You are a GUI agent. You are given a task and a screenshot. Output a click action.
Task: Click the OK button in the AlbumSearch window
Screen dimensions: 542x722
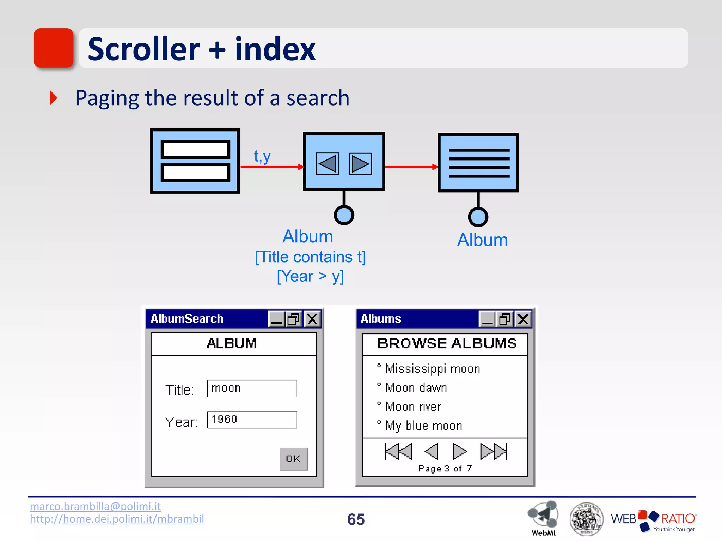click(x=294, y=459)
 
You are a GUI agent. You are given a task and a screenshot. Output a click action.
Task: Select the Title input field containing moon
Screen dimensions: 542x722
click(x=252, y=388)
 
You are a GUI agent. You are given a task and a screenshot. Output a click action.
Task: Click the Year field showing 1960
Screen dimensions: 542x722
click(x=252, y=420)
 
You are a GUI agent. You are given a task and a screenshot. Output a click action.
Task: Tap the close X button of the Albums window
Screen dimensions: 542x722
click(x=523, y=319)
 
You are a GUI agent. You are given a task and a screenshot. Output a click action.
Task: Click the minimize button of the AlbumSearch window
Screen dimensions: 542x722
click(x=277, y=319)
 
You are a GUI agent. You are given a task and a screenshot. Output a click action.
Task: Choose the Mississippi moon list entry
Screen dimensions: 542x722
click(x=432, y=369)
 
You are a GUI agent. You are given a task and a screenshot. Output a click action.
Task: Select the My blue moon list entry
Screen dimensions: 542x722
click(x=423, y=426)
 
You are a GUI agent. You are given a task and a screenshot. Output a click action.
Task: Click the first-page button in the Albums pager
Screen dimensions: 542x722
click(x=399, y=452)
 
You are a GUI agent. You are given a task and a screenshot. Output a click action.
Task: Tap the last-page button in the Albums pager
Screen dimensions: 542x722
click(x=494, y=452)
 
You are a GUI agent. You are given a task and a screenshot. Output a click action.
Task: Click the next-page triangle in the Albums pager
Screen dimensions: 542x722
click(x=459, y=452)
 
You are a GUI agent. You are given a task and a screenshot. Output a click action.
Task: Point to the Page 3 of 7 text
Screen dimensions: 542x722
click(x=445, y=469)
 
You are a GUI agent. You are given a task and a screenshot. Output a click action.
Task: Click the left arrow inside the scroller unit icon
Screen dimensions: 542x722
click(x=327, y=164)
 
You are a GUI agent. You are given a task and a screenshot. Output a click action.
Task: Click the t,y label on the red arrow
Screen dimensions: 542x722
click(x=262, y=156)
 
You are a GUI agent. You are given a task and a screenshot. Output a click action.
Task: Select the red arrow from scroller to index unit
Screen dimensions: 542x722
click(x=411, y=167)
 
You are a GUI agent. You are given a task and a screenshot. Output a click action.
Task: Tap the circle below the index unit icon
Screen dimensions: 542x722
click(x=478, y=217)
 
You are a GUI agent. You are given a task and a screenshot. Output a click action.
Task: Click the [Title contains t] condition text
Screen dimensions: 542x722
click(x=310, y=257)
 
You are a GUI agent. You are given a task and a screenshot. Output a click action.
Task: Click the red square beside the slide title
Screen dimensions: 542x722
click(x=54, y=48)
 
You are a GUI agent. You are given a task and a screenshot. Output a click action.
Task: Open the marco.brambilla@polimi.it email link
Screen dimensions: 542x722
click(x=95, y=506)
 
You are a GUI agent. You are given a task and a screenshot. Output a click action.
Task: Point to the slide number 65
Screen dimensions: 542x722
click(x=356, y=519)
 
